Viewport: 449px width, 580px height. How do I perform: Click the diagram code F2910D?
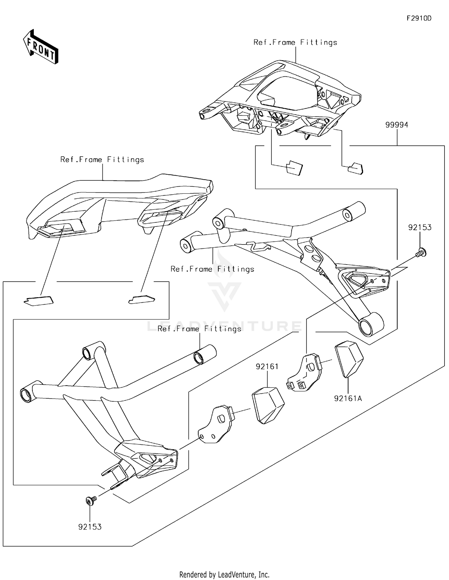(x=419, y=18)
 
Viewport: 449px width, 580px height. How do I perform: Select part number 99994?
(x=396, y=125)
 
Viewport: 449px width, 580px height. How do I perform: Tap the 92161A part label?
(x=348, y=398)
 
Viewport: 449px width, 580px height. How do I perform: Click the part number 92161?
(x=267, y=366)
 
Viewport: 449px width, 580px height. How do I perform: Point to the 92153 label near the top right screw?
(x=420, y=227)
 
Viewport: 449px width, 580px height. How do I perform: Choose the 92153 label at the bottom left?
(x=90, y=527)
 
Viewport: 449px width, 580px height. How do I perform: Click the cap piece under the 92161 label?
(x=268, y=405)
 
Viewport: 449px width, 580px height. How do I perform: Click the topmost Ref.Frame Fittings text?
(x=295, y=42)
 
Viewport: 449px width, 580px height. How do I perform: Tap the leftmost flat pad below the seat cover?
(x=39, y=300)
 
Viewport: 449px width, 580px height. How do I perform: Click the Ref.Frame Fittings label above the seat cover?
(x=102, y=160)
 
